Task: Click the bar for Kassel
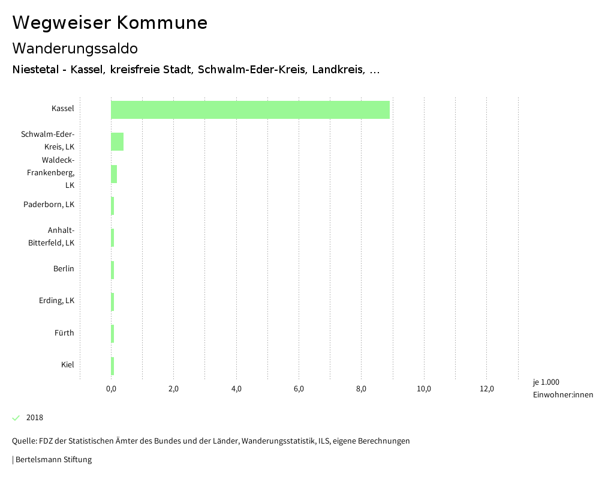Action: click(x=250, y=110)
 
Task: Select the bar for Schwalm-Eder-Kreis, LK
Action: click(x=117, y=142)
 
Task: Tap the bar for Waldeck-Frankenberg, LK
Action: click(x=114, y=174)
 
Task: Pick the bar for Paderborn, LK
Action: click(x=112, y=206)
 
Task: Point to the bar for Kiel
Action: click(x=112, y=366)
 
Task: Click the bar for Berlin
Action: click(x=112, y=270)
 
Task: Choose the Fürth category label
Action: click(x=64, y=333)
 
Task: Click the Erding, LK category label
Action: click(x=56, y=301)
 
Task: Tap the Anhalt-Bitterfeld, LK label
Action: click(x=52, y=236)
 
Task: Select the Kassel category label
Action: click(x=62, y=109)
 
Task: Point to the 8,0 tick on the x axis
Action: click(x=362, y=389)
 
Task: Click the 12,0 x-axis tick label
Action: click(x=487, y=389)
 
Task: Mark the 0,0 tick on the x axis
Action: click(x=111, y=389)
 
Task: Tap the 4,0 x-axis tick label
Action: click(x=236, y=389)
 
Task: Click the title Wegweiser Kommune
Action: click(x=110, y=23)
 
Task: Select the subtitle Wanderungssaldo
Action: click(x=75, y=48)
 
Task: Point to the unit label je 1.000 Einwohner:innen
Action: click(x=562, y=388)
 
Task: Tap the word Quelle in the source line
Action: click(x=23, y=441)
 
